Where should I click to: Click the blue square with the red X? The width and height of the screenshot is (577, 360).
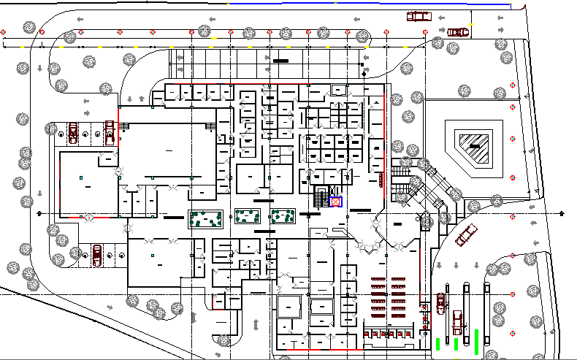[336, 202]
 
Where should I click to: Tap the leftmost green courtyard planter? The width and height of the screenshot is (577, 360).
[205, 218]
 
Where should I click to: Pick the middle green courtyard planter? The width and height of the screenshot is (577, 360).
[246, 217]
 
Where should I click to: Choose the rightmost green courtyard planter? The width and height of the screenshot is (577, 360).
[283, 216]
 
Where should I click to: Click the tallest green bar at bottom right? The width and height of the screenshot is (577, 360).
[477, 340]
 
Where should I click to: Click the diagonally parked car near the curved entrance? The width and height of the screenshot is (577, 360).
[465, 234]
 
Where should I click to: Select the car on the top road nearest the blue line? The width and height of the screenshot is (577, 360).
[419, 15]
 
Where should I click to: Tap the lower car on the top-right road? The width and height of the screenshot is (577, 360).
[458, 31]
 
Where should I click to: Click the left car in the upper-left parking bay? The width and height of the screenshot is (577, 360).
[73, 132]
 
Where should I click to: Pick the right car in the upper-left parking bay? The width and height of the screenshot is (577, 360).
[110, 133]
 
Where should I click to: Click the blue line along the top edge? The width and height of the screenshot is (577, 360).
[365, 4]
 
